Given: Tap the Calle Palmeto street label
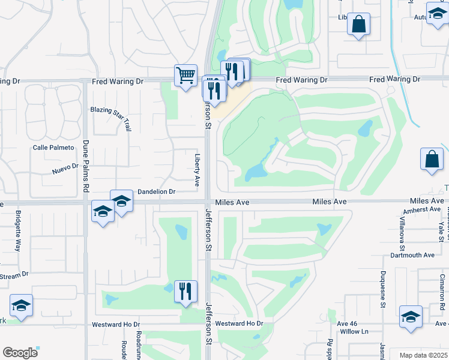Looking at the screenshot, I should pos(53,148).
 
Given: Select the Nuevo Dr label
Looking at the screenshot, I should pos(65,171).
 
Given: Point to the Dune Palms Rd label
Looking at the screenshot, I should pos(86,166).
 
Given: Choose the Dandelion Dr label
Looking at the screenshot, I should pos(156,192).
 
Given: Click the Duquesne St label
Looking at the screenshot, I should pos(383,289).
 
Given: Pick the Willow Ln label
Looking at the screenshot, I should pos(354,331).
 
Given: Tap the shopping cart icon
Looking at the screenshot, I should pos(185,75).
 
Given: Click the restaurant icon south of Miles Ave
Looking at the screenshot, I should pos(185,291).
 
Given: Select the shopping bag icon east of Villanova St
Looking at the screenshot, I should pos(432,159).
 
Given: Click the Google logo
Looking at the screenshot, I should pos(20,353).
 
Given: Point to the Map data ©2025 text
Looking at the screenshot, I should pos(423,355).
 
